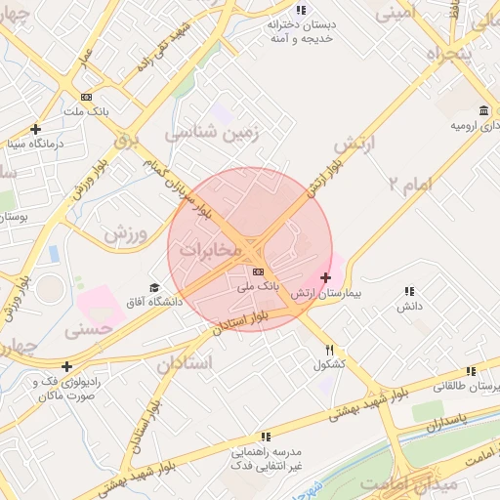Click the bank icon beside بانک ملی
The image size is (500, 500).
coord(258,271)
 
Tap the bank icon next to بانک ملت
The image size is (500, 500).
coord(86,97)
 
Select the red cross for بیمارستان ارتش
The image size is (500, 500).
coord(326,278)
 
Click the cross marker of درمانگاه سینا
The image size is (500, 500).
coord(35,129)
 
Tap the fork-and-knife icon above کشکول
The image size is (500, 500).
coord(330,350)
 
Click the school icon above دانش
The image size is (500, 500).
coord(408,291)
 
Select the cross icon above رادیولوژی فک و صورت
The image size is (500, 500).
coord(66,367)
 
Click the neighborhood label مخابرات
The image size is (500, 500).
coord(209,250)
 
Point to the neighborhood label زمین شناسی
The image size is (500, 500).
coord(217,134)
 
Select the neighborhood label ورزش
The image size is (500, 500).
coord(125,234)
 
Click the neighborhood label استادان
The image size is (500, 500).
coord(184,363)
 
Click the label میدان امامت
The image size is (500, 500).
coord(398,483)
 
